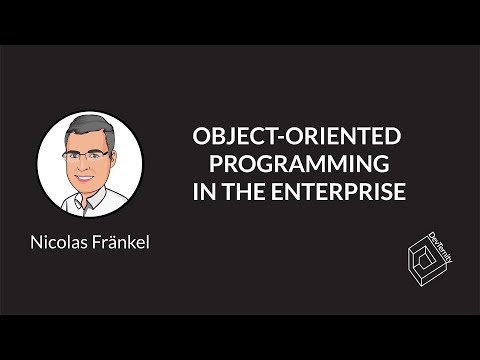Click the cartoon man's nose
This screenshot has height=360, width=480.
click(x=86, y=166)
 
